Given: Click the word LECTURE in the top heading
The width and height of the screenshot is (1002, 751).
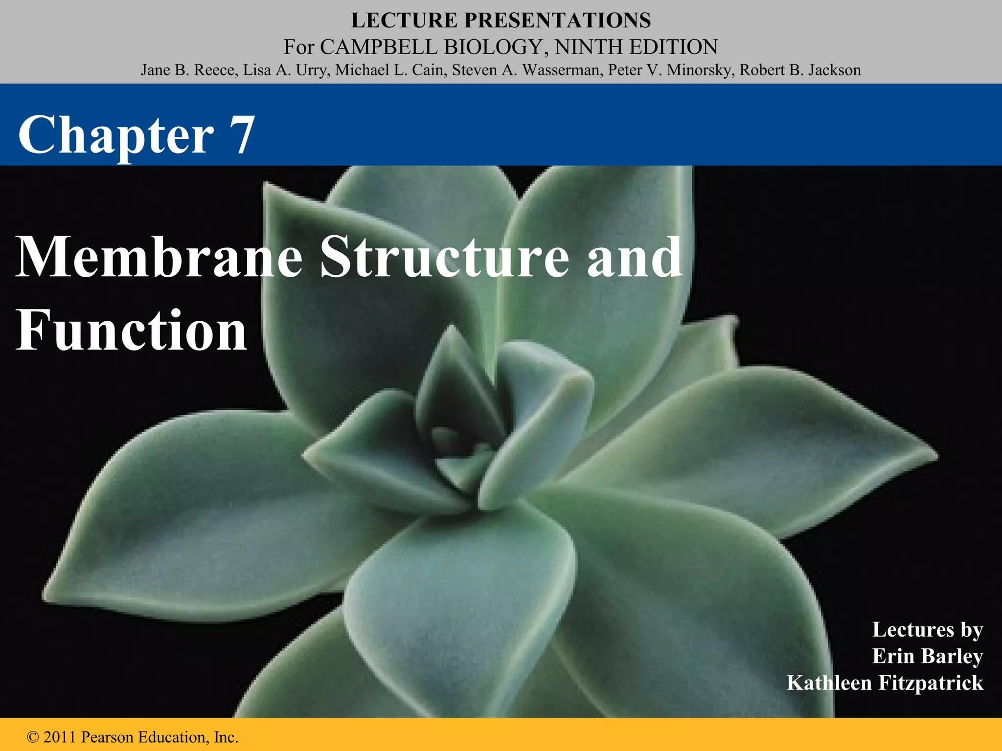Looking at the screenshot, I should click(404, 21).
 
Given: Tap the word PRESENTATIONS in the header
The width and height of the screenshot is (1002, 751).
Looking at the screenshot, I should click(557, 21).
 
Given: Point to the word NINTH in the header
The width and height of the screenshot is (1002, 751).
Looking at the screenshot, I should click(589, 47).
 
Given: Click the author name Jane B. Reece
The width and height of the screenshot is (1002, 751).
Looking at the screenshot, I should click(187, 70).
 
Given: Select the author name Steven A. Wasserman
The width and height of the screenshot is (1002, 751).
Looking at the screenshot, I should click(526, 70).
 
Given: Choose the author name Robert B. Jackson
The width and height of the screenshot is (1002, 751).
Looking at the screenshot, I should click(800, 70).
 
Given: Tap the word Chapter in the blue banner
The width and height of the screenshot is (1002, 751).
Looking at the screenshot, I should click(116, 134).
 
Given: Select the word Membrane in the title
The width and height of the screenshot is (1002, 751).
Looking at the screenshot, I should click(159, 257).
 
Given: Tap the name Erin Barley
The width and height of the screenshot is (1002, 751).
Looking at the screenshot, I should click(927, 656).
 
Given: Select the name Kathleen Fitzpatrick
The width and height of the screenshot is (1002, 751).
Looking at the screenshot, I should click(885, 683).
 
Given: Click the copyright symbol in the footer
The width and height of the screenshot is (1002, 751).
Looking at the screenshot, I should click(33, 737).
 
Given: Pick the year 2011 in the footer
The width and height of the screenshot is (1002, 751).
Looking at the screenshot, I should click(60, 737).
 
